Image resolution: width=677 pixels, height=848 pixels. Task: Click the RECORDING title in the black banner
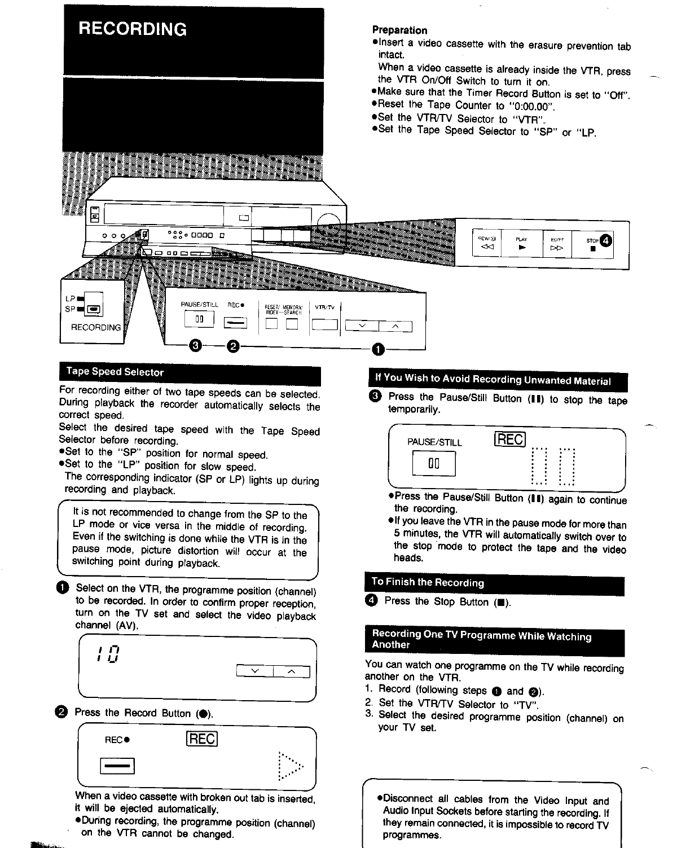[x=133, y=29]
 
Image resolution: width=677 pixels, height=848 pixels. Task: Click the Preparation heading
[x=399, y=30]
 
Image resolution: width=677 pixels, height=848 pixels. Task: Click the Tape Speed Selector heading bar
[x=115, y=372]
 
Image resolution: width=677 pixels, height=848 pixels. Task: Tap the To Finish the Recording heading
[x=428, y=582]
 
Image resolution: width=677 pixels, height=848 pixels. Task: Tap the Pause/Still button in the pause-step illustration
[x=433, y=464]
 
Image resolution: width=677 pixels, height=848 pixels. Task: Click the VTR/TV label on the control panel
[x=325, y=307]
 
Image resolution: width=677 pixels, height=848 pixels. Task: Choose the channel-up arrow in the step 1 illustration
[x=291, y=671]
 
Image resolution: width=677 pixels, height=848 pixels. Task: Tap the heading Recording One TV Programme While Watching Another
[x=482, y=640]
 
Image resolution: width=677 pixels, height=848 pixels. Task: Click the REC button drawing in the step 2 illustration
[x=117, y=766]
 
